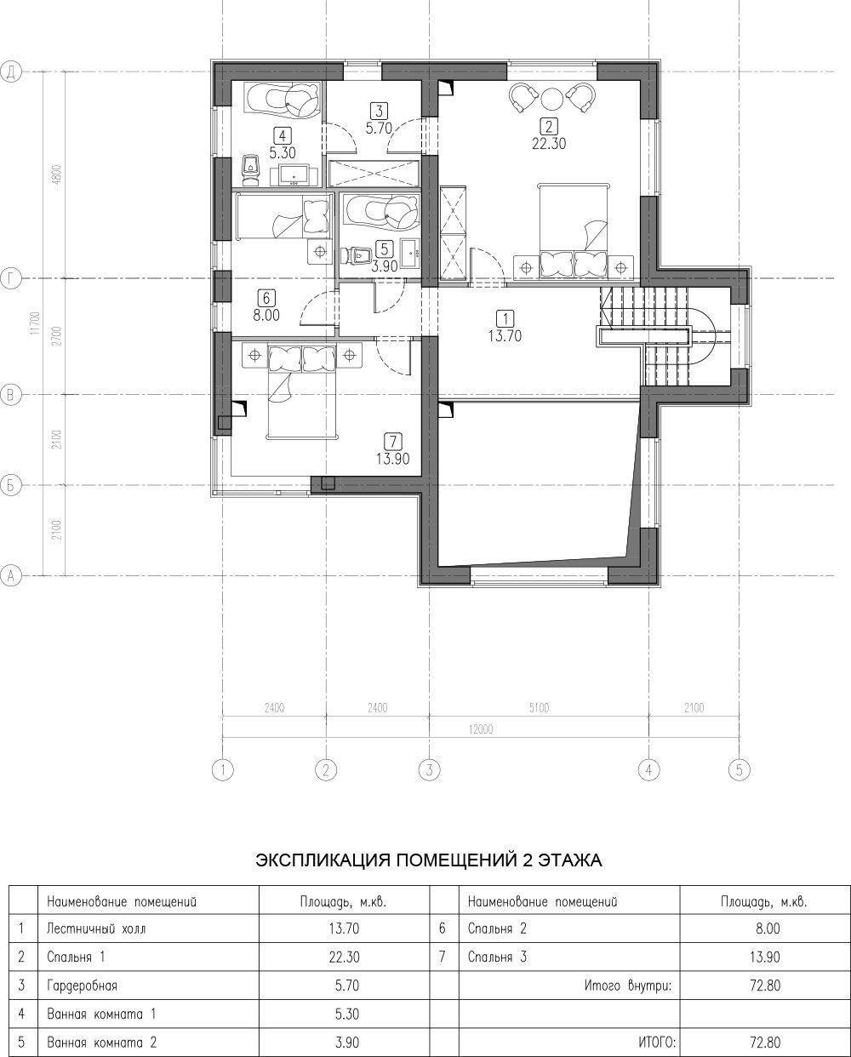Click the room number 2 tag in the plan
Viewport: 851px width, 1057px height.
[x=549, y=127]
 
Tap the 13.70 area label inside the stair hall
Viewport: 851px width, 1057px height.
[x=505, y=336]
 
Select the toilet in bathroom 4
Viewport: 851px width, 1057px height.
[x=252, y=171]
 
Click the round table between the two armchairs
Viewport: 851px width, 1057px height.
[x=552, y=99]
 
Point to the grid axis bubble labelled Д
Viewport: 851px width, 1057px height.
[x=11, y=72]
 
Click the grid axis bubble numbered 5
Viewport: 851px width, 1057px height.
[x=740, y=769]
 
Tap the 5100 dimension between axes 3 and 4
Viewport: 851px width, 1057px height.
[x=539, y=708]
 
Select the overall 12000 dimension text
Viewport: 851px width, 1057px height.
[x=481, y=729]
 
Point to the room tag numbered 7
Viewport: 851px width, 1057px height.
[x=393, y=441]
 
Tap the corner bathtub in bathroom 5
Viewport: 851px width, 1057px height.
[x=380, y=212]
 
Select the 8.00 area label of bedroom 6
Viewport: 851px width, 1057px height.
[x=266, y=315]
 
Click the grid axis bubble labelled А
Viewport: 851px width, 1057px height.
[x=11, y=575]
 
